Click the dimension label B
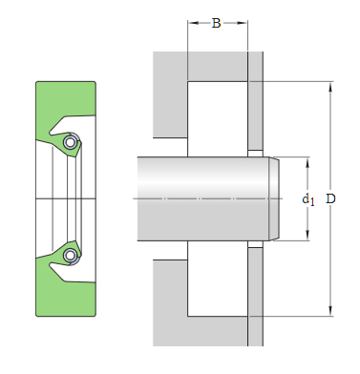[216, 23]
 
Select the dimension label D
[330, 198]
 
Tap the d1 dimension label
[308, 199]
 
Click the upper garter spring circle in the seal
[70, 142]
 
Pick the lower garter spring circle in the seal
[70, 256]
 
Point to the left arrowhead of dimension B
[193, 23]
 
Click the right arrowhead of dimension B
[243, 23]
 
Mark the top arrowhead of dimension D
[330, 87]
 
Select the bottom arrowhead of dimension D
[330, 311]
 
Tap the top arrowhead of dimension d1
[307, 162]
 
